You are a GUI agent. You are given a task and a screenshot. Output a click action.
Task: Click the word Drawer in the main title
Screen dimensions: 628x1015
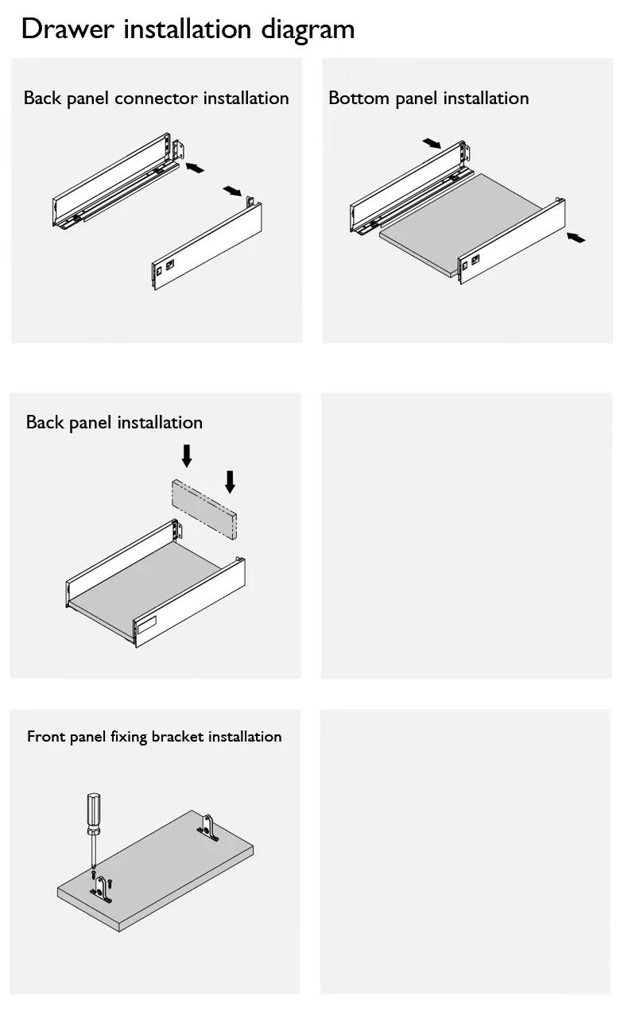click(68, 29)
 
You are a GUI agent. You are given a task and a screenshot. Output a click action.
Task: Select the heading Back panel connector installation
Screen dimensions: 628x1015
click(157, 99)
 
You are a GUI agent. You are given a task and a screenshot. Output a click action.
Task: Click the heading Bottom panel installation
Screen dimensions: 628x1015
click(428, 99)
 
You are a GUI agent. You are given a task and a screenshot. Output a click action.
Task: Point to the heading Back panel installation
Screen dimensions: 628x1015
click(114, 422)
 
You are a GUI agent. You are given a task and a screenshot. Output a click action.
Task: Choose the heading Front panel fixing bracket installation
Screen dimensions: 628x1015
click(154, 737)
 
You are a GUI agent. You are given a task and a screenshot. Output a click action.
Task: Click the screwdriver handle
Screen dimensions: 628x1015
click(94, 811)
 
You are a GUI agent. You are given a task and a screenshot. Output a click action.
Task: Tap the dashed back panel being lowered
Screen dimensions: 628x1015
click(204, 509)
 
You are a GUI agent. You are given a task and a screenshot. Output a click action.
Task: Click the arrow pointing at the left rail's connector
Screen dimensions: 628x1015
click(195, 168)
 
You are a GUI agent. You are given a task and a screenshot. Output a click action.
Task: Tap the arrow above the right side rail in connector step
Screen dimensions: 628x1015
click(232, 191)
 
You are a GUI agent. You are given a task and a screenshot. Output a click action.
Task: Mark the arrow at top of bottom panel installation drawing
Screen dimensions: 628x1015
click(432, 143)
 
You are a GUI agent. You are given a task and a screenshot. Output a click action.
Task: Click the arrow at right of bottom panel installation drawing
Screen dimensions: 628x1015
click(576, 238)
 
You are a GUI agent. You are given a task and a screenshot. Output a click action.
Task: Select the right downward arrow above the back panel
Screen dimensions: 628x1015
click(231, 482)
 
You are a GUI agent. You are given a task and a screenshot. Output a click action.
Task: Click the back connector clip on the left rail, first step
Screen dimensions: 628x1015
click(179, 149)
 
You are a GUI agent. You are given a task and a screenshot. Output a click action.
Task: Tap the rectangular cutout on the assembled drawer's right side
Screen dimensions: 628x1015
click(146, 625)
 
